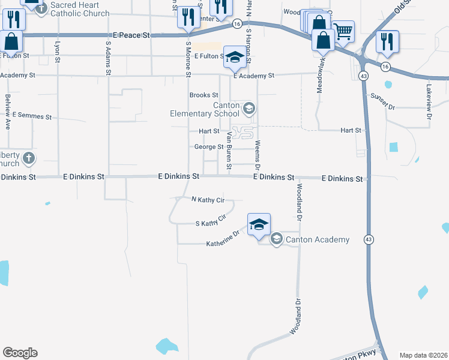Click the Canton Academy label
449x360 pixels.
(x=317, y=240)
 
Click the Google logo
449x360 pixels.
(x=20, y=353)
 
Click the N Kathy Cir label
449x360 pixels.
(x=207, y=200)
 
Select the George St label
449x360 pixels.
(x=209, y=147)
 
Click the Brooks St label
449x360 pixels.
(x=203, y=95)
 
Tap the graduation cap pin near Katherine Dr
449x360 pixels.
(x=259, y=224)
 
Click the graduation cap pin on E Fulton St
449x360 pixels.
(x=235, y=57)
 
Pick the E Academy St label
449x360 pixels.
(x=253, y=76)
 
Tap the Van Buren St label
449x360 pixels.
(x=228, y=151)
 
